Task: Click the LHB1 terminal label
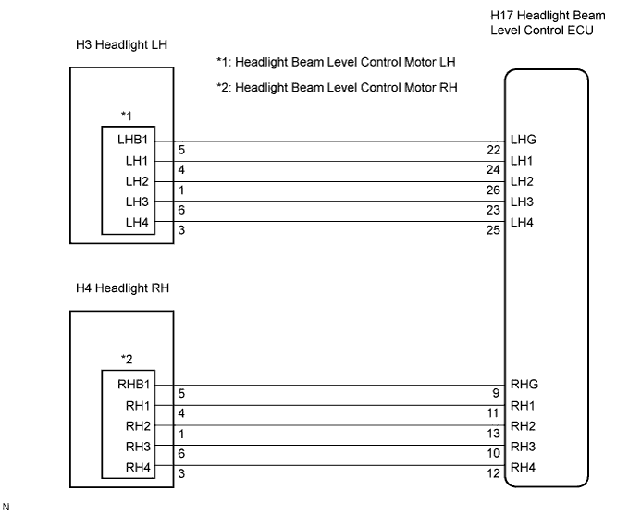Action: [132, 140]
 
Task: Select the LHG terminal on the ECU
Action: [524, 140]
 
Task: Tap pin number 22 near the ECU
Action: [493, 150]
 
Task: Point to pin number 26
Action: [493, 190]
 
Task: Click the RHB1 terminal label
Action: [134, 385]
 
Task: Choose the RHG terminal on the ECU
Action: [524, 385]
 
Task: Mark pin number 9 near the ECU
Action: [496, 393]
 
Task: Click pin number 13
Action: [493, 434]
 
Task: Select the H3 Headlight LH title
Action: [121, 44]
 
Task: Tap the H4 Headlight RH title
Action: [122, 288]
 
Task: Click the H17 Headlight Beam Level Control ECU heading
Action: [548, 23]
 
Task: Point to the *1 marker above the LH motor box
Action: [127, 116]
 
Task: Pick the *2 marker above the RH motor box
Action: [127, 360]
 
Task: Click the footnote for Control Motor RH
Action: [337, 88]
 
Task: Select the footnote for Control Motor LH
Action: [336, 62]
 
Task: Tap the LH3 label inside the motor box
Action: [137, 202]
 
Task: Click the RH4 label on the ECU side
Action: [523, 467]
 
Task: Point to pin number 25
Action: [493, 230]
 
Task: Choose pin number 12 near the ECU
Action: [493, 473]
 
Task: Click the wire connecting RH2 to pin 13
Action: [330, 425]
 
